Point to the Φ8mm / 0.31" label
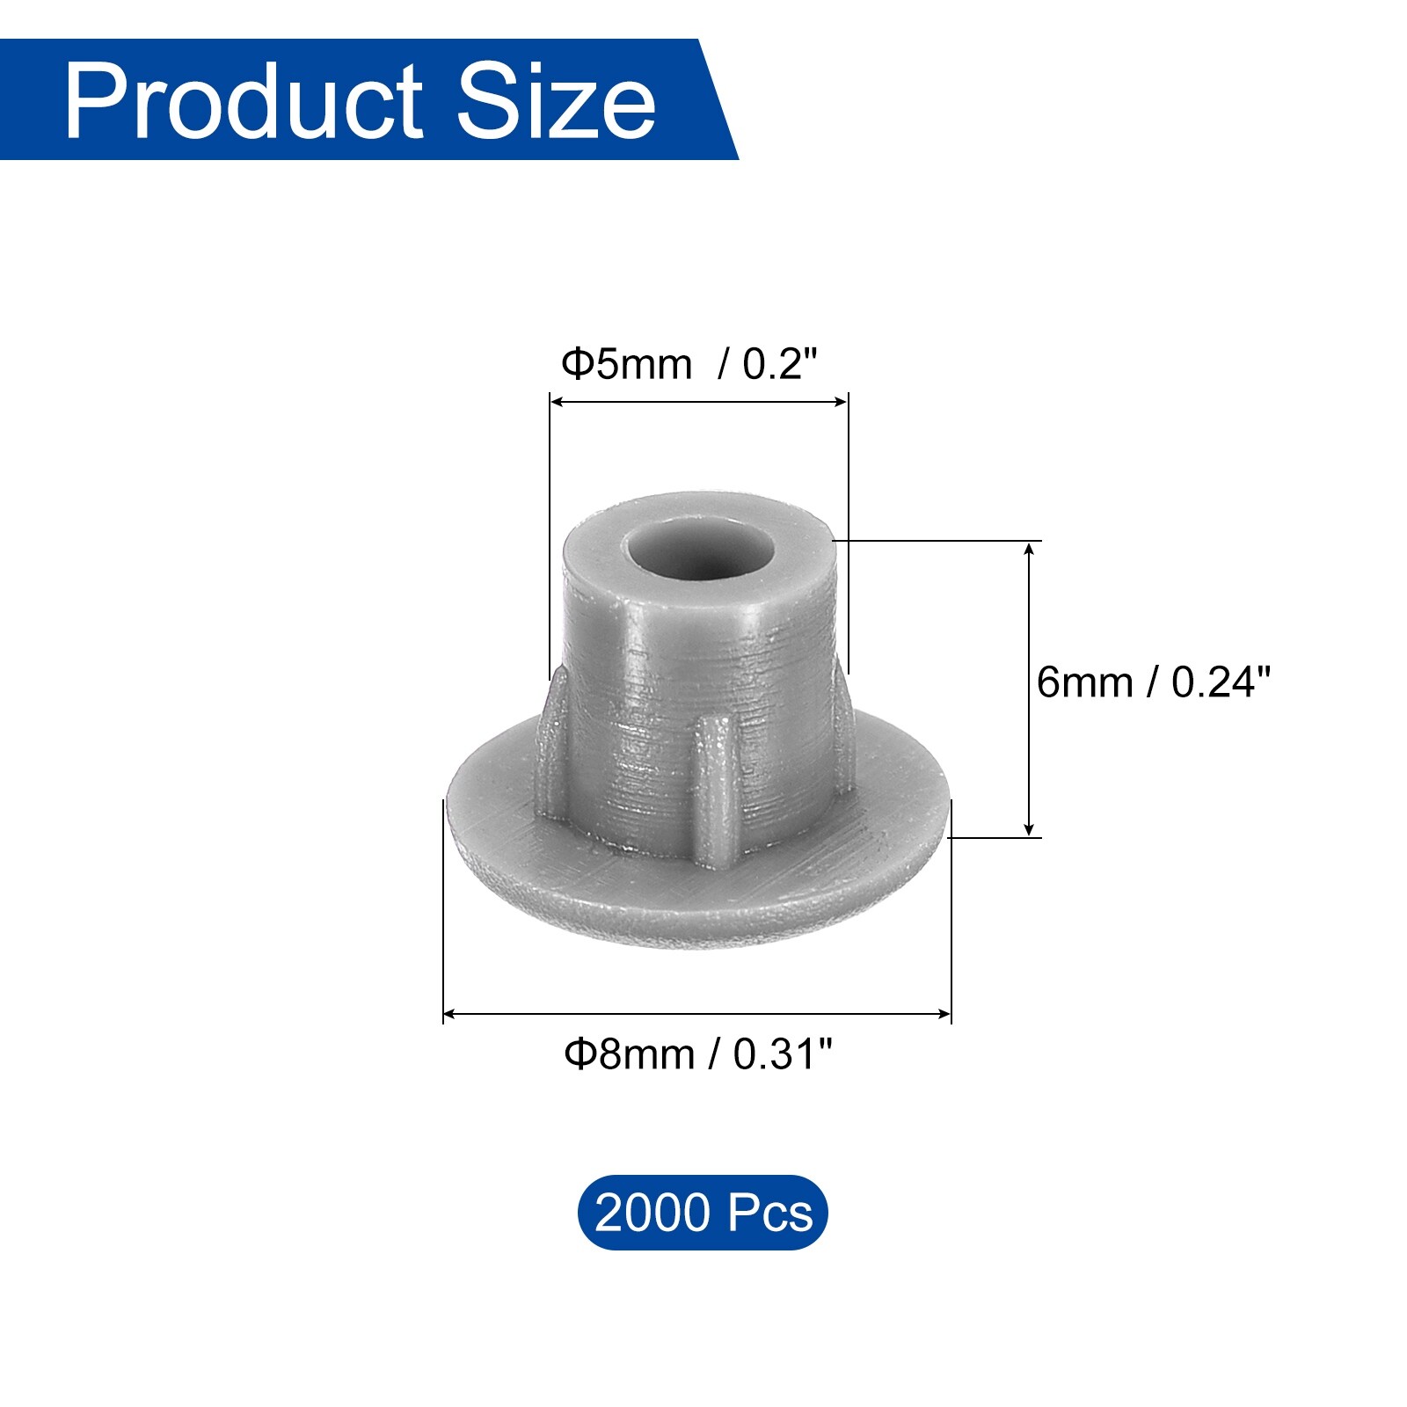point(698,1053)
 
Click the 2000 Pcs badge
point(703,1213)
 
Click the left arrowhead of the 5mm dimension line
point(556,402)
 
